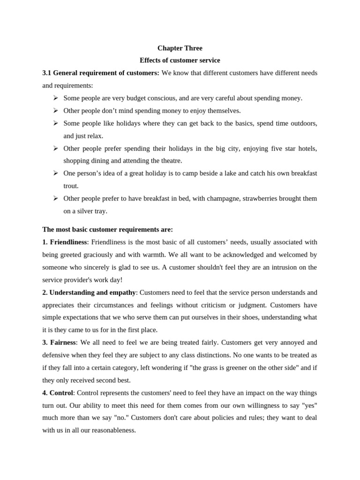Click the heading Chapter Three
coord(180,48)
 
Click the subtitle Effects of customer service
coord(180,60)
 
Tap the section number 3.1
coord(47,73)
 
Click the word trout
coord(71,186)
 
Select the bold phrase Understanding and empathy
coord(92,292)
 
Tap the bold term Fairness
coord(62,343)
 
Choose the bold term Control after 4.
coord(61,393)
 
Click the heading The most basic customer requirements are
coord(108,230)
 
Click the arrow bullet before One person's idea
coord(55,173)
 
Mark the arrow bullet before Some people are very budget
coord(55,98)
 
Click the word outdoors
coord(303,123)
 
